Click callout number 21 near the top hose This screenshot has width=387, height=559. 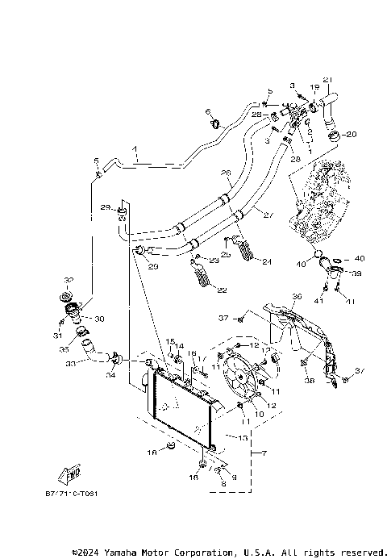tap(327, 78)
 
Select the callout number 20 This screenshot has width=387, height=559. tap(352, 134)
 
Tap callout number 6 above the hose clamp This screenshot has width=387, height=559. tap(208, 111)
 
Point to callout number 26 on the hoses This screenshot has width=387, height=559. tap(226, 173)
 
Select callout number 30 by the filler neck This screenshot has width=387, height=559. tap(100, 318)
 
